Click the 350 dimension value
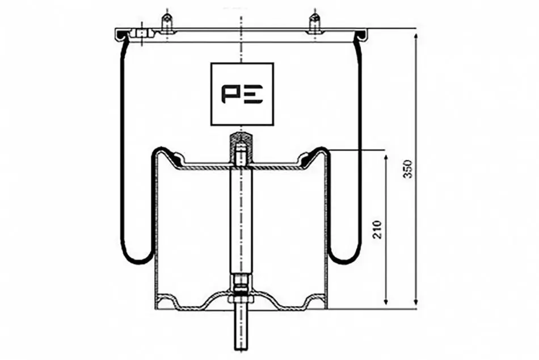[408, 168]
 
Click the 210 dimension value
[377, 229]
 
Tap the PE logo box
[242, 94]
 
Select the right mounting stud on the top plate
[314, 23]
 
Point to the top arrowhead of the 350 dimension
[416, 36]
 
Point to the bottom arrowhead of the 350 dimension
[416, 302]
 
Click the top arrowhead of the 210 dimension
[386, 158]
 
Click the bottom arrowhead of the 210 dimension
[386, 301]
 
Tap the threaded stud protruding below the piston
[241, 326]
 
